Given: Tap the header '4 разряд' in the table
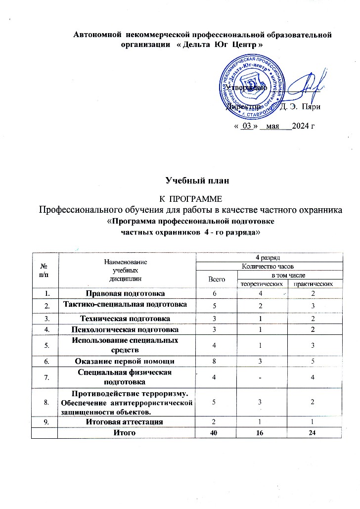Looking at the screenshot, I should [x=269, y=257].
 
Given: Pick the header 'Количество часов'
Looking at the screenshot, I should [x=269, y=266].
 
